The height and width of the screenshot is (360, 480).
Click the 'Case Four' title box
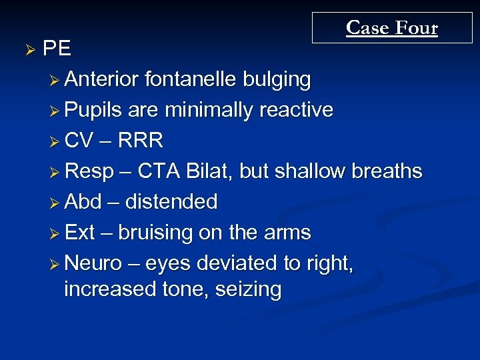[x=391, y=28]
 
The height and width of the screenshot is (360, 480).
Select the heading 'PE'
[x=57, y=49]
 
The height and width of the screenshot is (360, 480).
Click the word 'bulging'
[x=277, y=79]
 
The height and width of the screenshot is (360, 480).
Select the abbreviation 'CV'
[x=79, y=141]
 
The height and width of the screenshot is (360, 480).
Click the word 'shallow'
[x=316, y=171]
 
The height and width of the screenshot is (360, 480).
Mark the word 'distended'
[x=171, y=202]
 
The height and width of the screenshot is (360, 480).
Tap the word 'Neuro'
[x=93, y=263]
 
